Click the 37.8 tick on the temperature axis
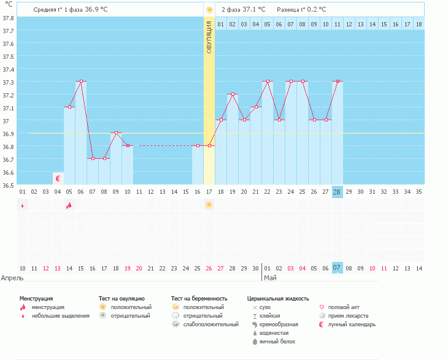pyautogui.click(x=8, y=17)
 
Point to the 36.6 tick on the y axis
pyautogui.click(x=8, y=172)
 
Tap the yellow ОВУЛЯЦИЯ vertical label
pyautogui.click(x=209, y=37)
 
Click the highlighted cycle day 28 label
pyautogui.click(x=337, y=191)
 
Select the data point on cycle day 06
pyautogui.click(x=80, y=81)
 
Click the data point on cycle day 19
pyautogui.click(x=233, y=94)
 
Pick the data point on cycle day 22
pyautogui.click(x=267, y=81)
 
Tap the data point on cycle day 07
pyautogui.click(x=92, y=158)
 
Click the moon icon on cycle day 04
pyautogui.click(x=58, y=178)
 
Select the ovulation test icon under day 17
pyautogui.click(x=209, y=205)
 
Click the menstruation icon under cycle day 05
pyautogui.click(x=69, y=205)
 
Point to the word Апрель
pyautogui.click(x=13, y=278)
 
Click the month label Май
pyautogui.click(x=269, y=278)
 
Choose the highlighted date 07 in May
pyautogui.click(x=337, y=268)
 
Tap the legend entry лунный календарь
pyautogui.click(x=353, y=324)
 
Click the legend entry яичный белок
pyautogui.click(x=277, y=342)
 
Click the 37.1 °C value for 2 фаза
pyautogui.click(x=253, y=10)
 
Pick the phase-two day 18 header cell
pyautogui.click(x=419, y=24)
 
